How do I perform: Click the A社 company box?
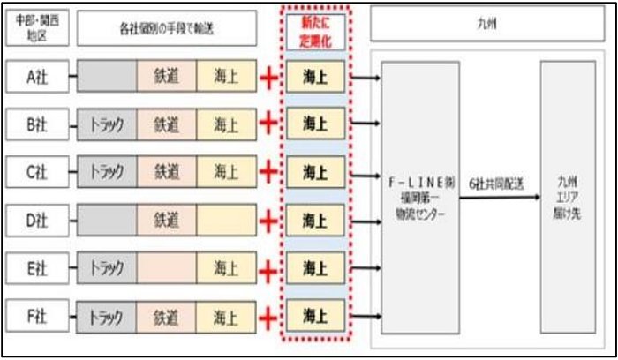point(36,78)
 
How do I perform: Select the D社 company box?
point(36,220)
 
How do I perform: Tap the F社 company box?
point(36,315)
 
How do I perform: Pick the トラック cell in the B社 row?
point(107,125)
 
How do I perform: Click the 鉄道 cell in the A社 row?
point(167,78)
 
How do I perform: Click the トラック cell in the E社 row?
point(107,267)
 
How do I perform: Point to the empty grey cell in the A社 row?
point(107,78)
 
